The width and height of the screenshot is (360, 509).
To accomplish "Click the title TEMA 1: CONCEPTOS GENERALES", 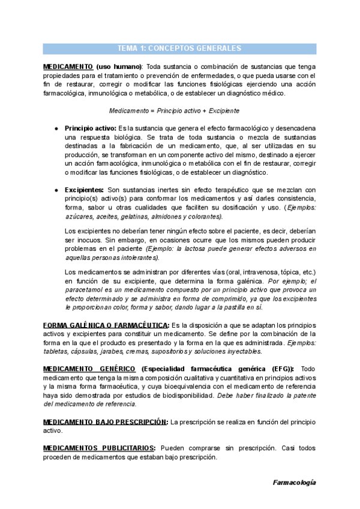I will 179,49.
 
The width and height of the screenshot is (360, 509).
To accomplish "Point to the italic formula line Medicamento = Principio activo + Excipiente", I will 174,111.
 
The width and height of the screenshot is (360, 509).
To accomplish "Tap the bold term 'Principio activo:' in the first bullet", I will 91,128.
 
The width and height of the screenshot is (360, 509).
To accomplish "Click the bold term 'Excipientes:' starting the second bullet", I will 84,190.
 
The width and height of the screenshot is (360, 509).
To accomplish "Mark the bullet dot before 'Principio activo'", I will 56,129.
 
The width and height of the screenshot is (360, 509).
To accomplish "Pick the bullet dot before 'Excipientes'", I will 56,190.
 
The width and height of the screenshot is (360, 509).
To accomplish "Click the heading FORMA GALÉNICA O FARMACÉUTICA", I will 106,325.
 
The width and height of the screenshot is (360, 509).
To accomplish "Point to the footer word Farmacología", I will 294,482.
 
